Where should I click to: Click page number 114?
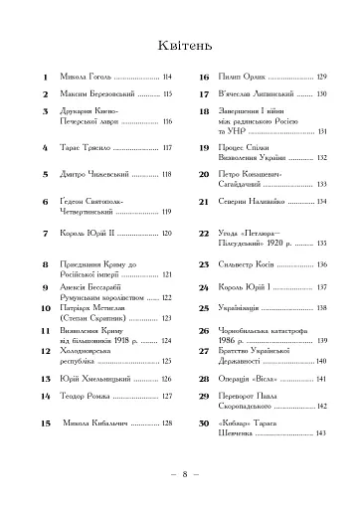[167, 76]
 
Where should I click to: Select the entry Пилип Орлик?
[239, 76]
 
